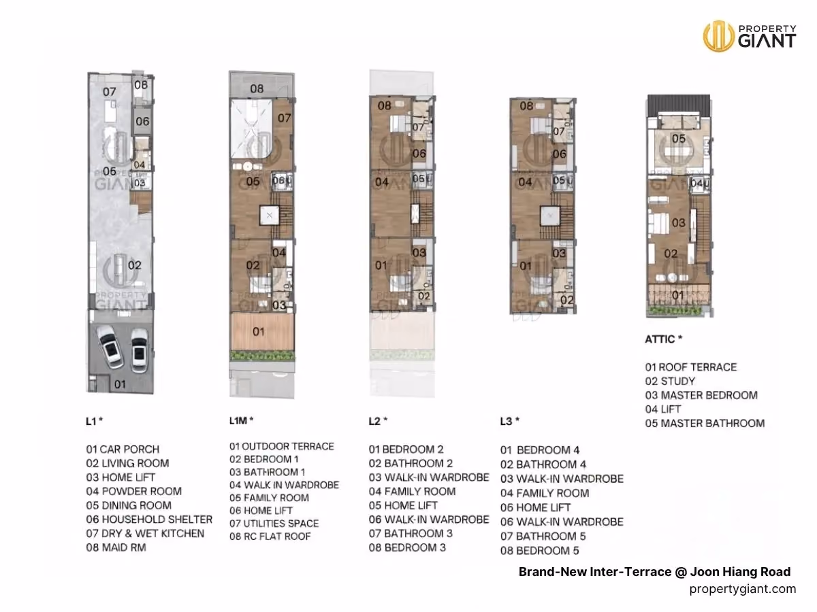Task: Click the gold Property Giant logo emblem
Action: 718,36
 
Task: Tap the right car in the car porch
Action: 139,350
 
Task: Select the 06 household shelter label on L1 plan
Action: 142,121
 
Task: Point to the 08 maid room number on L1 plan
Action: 141,85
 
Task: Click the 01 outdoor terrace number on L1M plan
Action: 258,331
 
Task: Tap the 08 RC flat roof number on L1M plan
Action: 257,89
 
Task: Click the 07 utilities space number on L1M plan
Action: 284,118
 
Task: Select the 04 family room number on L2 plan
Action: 382,182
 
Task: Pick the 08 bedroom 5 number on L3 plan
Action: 526,106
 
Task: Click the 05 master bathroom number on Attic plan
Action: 679,139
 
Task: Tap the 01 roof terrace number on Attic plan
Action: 678,295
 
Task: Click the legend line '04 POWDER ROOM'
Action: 134,491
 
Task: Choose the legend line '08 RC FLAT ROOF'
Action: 270,537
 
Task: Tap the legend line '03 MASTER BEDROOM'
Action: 702,395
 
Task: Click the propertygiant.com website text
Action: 743,589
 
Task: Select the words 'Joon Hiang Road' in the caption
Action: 740,571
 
